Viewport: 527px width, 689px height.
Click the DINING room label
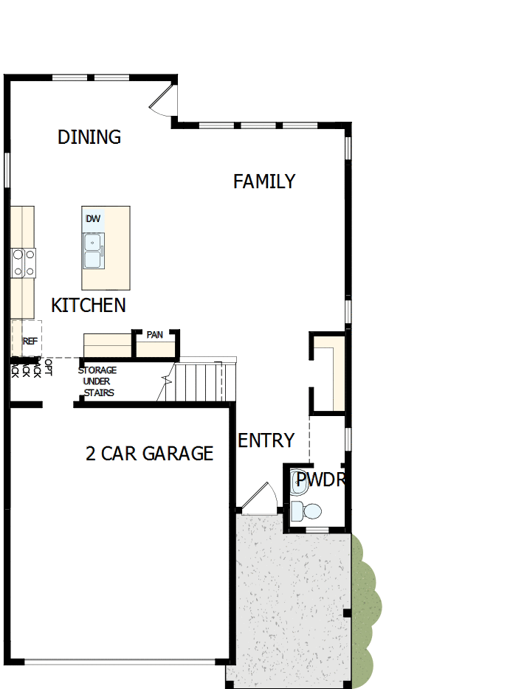tap(89, 137)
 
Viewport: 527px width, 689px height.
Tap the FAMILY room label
tap(264, 181)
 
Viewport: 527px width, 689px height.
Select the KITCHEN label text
tap(89, 305)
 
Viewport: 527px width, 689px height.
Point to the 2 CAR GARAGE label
tap(149, 454)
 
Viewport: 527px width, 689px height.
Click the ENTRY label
tap(266, 441)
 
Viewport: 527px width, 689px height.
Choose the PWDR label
tap(320, 480)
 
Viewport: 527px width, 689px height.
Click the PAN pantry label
tap(155, 335)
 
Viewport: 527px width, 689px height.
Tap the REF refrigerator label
tap(30, 342)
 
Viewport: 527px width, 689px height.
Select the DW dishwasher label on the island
tap(93, 219)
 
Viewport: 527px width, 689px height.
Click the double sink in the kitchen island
tap(93, 250)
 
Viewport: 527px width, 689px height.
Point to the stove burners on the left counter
tap(23, 263)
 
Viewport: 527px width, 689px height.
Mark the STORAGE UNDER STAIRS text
tap(97, 381)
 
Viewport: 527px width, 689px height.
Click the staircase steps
tap(199, 382)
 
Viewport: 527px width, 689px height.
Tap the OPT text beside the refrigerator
tap(49, 367)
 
